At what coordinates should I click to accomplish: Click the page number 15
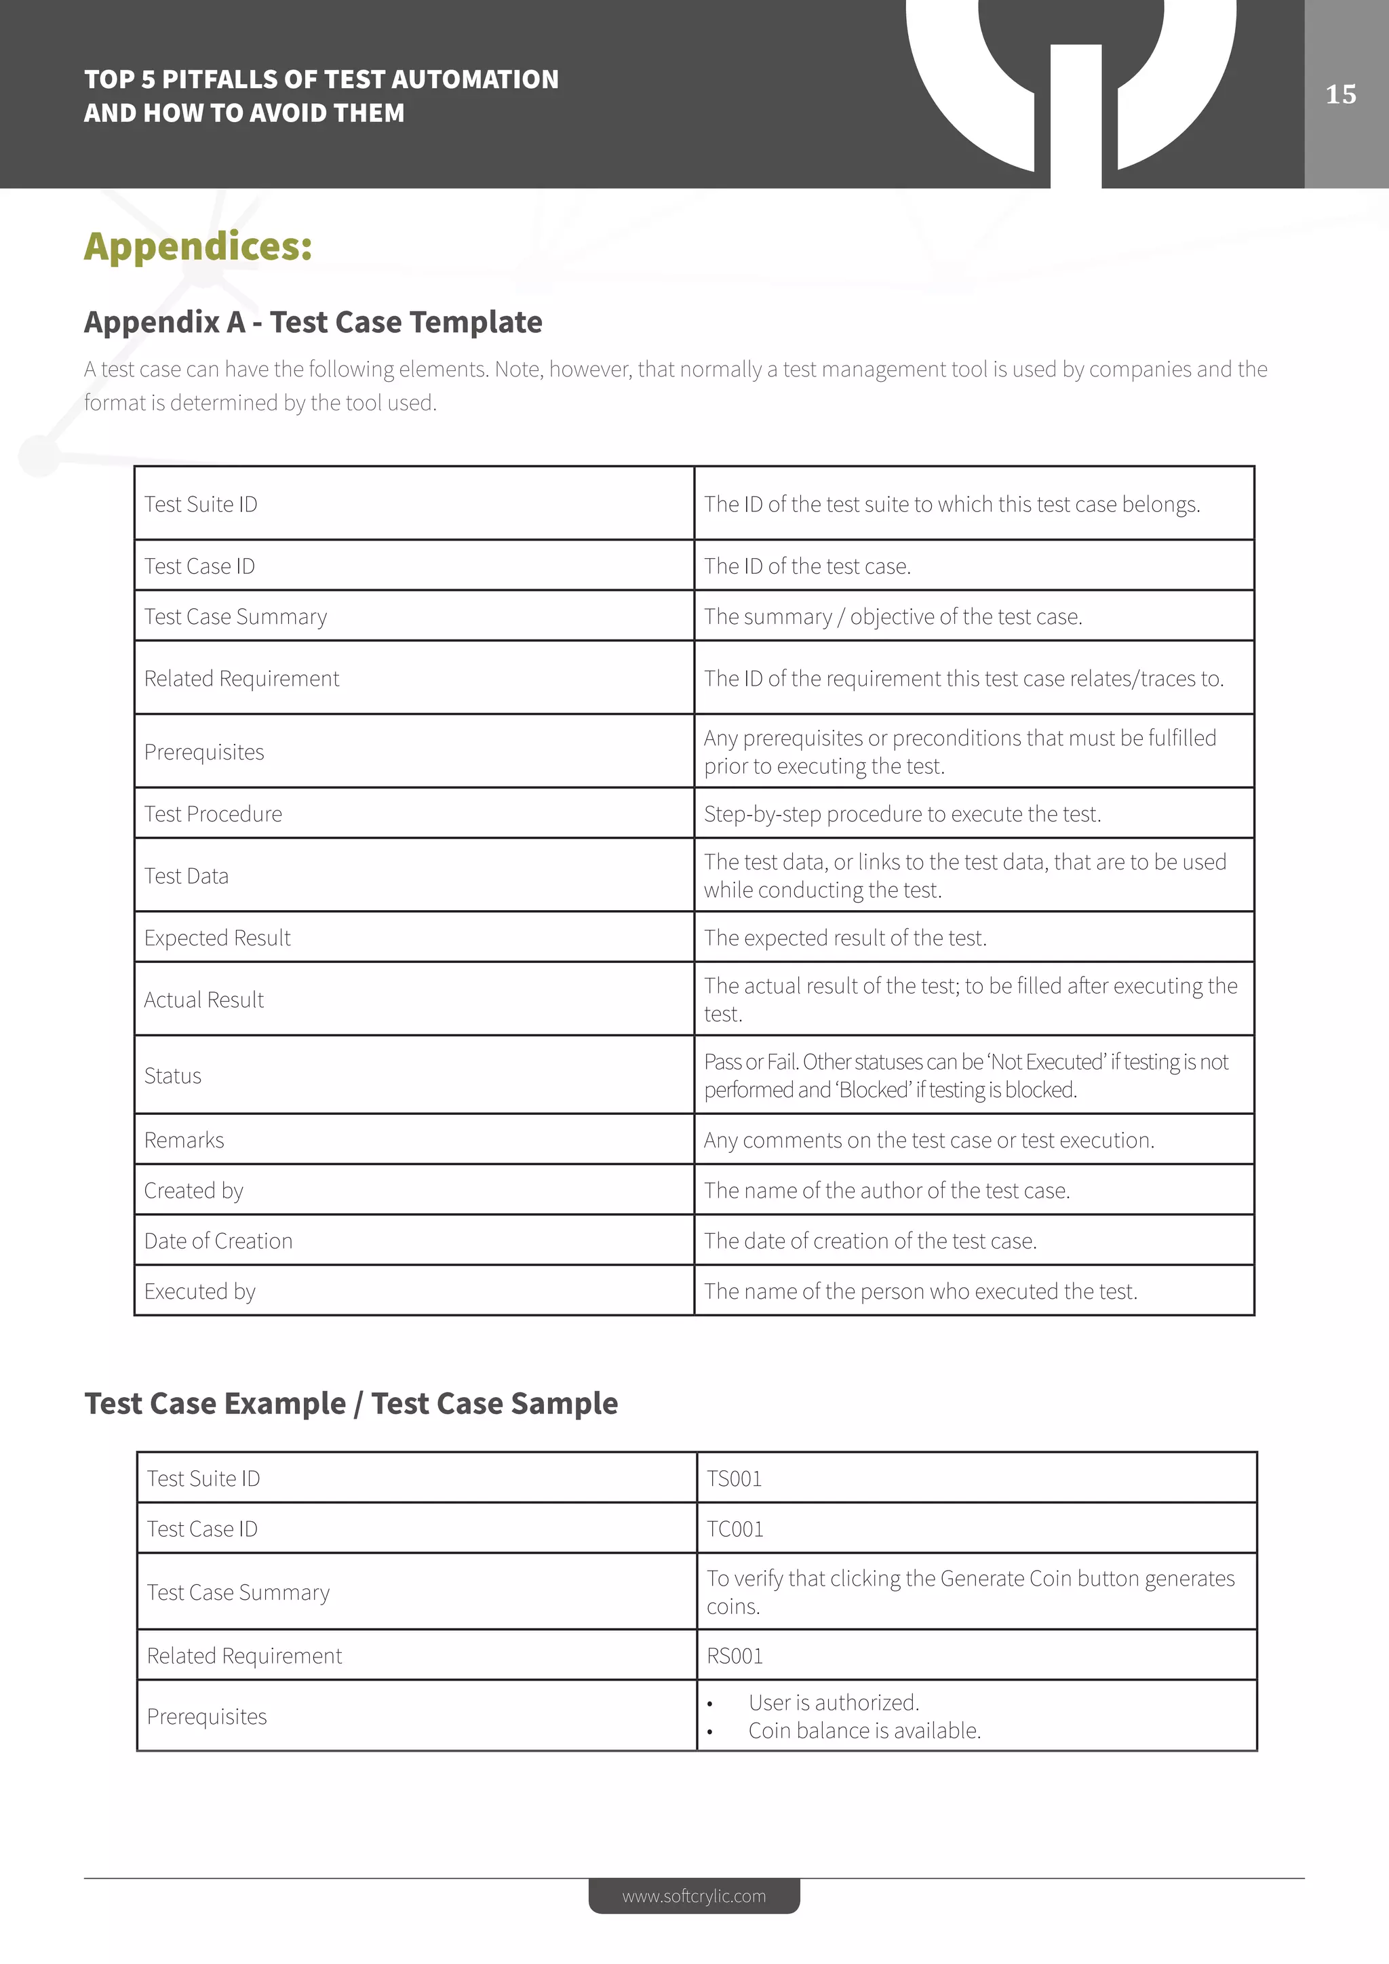pyautogui.click(x=1340, y=94)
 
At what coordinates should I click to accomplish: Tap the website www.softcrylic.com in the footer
pyautogui.click(x=694, y=1896)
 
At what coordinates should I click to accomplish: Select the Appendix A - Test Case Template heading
pyautogui.click(x=313, y=323)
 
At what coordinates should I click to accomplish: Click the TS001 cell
pyautogui.click(x=734, y=1479)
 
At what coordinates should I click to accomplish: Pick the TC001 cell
pyautogui.click(x=735, y=1529)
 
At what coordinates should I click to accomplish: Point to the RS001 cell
pyautogui.click(x=734, y=1656)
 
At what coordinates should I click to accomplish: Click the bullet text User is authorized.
pyautogui.click(x=833, y=1702)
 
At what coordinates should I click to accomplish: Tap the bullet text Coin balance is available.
pyautogui.click(x=864, y=1731)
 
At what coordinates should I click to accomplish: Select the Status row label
pyautogui.click(x=173, y=1076)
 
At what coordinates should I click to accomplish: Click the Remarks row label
pyautogui.click(x=184, y=1140)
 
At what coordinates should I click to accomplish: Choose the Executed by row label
pyautogui.click(x=199, y=1292)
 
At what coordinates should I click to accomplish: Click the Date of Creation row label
pyautogui.click(x=218, y=1241)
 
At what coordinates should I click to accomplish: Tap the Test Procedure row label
pyautogui.click(x=213, y=814)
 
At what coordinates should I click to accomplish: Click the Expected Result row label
pyautogui.click(x=217, y=939)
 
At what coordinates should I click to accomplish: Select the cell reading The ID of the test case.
pyautogui.click(x=806, y=566)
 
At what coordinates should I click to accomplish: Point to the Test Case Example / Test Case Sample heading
pyautogui.click(x=351, y=1404)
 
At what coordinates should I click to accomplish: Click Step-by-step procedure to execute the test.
pyautogui.click(x=901, y=814)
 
